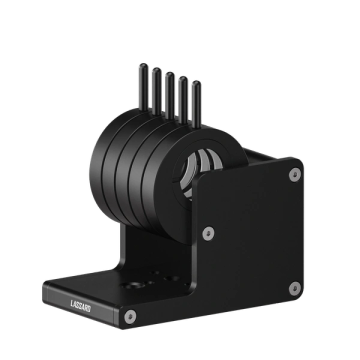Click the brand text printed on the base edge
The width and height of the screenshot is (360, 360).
click(80, 306)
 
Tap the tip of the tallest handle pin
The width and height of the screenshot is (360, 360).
click(143, 65)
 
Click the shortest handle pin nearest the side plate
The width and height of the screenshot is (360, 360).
click(197, 104)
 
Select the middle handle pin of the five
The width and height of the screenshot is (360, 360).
click(170, 96)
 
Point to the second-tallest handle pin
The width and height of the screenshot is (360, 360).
click(156, 91)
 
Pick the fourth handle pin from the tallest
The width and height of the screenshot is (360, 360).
click(183, 100)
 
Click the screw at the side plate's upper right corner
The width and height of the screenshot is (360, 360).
click(295, 175)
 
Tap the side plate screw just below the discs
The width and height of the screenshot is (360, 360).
click(208, 233)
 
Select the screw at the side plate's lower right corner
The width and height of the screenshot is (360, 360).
click(295, 288)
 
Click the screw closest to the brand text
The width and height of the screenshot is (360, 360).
click(130, 317)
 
